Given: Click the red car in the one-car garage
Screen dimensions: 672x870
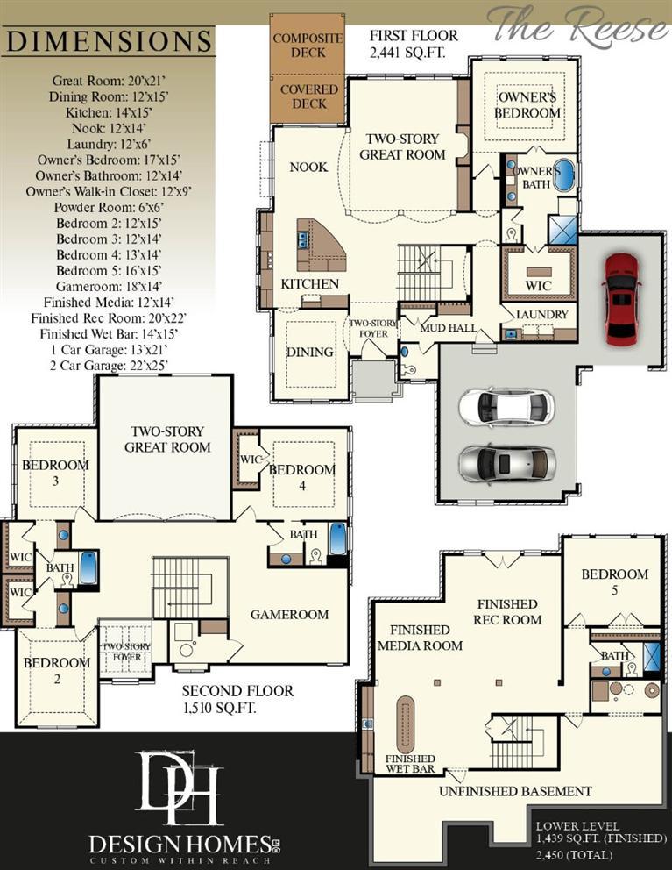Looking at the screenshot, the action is click(621, 298).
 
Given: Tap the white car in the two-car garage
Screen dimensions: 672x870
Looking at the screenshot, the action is click(506, 407).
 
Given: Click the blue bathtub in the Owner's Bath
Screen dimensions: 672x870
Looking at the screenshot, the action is click(564, 176).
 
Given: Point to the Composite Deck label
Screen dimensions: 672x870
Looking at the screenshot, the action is click(308, 46).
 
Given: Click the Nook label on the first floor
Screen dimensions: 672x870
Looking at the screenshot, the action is click(308, 167).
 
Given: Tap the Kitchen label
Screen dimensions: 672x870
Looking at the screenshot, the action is click(309, 284).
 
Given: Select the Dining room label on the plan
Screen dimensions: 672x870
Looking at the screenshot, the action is click(310, 353).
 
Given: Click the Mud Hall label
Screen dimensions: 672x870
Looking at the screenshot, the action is click(448, 328).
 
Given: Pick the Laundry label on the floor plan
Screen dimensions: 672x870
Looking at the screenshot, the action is click(542, 315).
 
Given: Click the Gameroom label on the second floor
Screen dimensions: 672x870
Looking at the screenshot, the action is click(289, 615).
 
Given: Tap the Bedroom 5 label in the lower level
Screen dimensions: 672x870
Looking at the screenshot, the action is click(614, 582).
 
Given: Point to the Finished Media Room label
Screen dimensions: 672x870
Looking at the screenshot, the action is click(420, 638).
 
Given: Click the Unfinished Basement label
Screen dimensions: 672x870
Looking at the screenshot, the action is click(515, 791).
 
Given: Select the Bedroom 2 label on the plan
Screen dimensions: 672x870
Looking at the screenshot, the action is click(57, 671).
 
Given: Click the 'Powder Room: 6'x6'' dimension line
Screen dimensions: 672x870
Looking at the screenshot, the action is click(108, 208).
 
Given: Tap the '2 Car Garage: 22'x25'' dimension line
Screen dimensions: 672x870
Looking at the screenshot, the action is click(109, 367).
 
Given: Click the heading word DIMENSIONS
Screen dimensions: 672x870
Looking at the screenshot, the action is click(110, 41).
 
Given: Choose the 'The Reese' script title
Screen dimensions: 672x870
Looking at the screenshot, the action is click(580, 25).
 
